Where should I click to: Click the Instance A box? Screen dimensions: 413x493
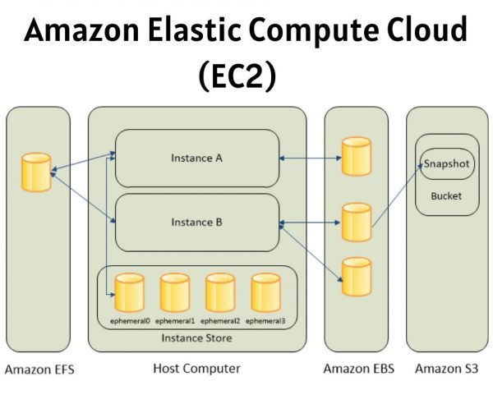pyautogui.click(x=196, y=158)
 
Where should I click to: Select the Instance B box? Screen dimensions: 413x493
pyautogui.click(x=196, y=222)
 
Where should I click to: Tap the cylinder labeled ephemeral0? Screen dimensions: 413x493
pyautogui.click(x=130, y=291)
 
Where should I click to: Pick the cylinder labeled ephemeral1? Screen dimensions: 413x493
pyautogui.click(x=175, y=291)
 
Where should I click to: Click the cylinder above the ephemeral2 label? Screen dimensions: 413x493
pyautogui.click(x=220, y=291)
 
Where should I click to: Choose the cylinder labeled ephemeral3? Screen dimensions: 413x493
pyautogui.click(x=265, y=291)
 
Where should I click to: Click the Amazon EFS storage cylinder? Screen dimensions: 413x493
pyautogui.click(x=37, y=172)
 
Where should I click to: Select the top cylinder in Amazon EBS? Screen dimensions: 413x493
pyautogui.click(x=356, y=157)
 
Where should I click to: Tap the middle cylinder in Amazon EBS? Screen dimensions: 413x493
pyautogui.click(x=356, y=222)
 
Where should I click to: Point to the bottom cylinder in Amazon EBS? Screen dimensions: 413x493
pyautogui.click(x=356, y=276)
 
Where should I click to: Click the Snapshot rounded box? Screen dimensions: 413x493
pyautogui.click(x=446, y=164)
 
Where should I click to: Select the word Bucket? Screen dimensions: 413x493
pyautogui.click(x=446, y=196)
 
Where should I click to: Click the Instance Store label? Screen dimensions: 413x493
pyautogui.click(x=196, y=338)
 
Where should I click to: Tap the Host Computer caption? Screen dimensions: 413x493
pyautogui.click(x=196, y=369)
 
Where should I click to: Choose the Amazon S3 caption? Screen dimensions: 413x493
pyautogui.click(x=446, y=369)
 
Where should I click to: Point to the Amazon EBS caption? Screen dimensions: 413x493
pyautogui.click(x=358, y=369)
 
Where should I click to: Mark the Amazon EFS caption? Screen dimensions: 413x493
pyautogui.click(x=39, y=369)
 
